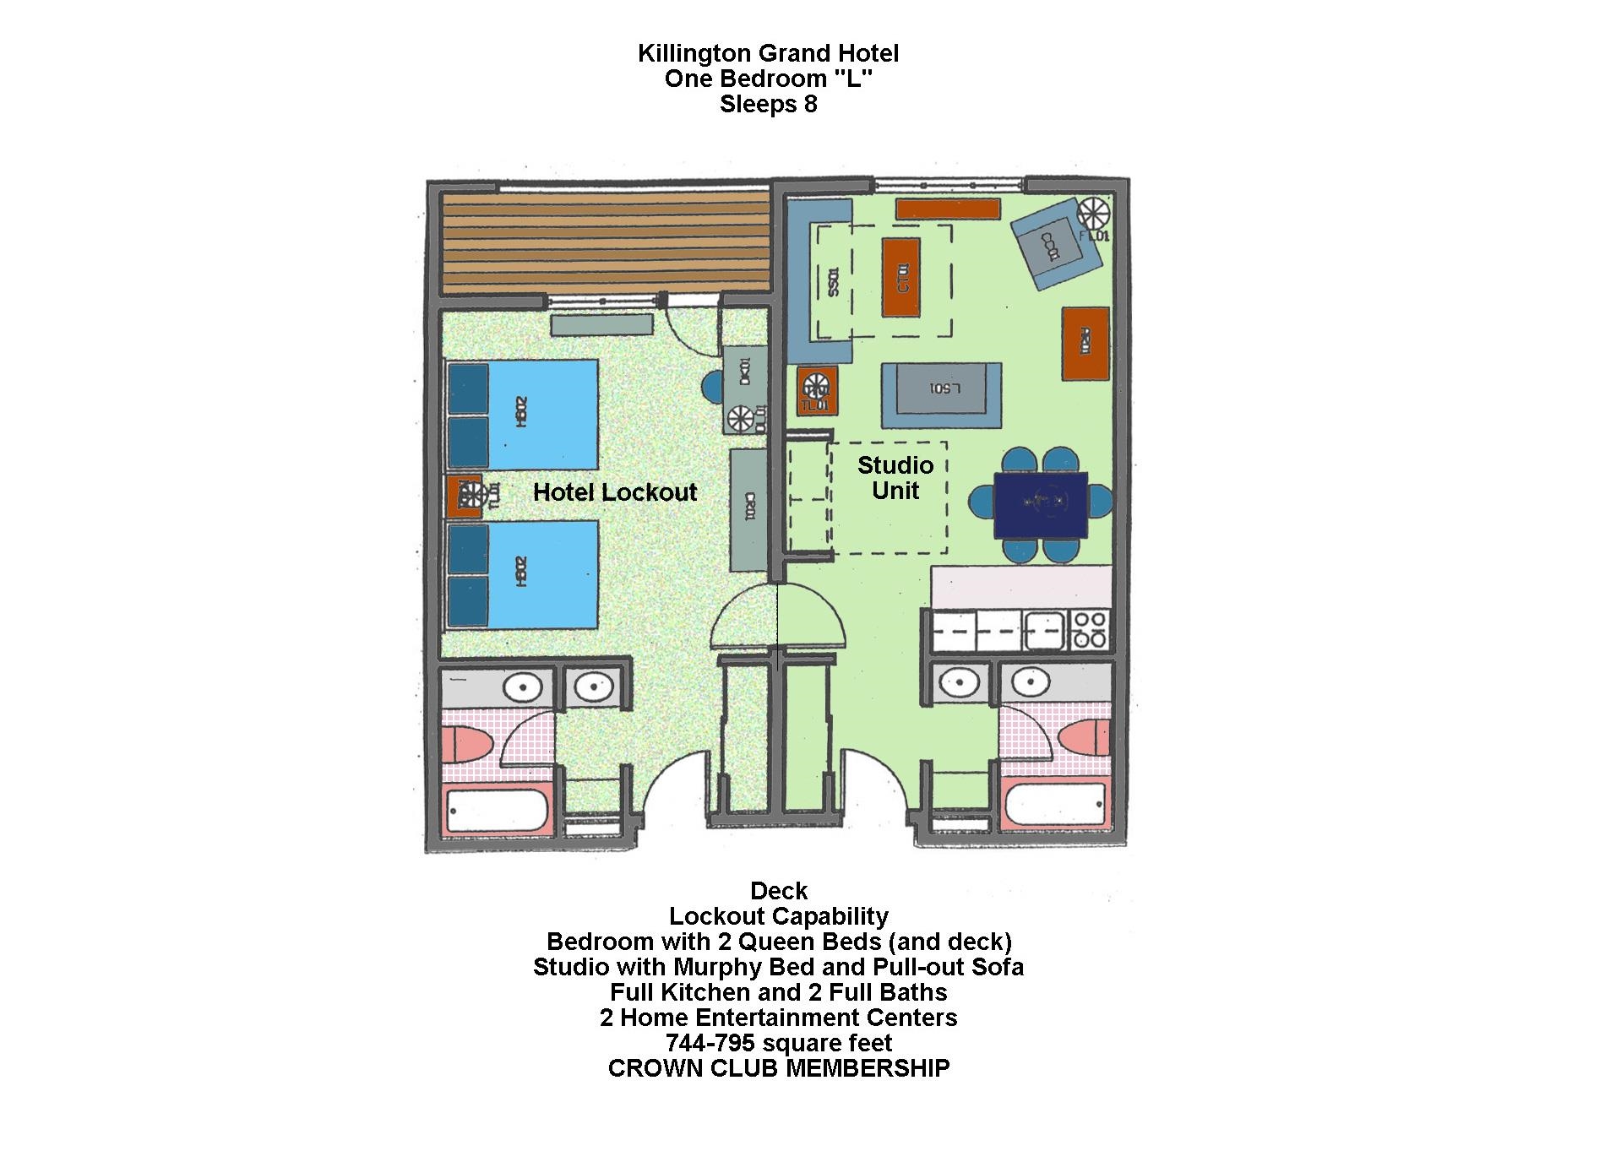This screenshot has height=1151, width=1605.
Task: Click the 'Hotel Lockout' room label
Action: pyautogui.click(x=615, y=492)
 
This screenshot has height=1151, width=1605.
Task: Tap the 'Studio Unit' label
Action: pyautogui.click(x=895, y=478)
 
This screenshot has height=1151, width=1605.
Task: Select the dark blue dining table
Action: pyautogui.click(x=1041, y=506)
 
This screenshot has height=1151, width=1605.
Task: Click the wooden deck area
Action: pyautogui.click(x=604, y=246)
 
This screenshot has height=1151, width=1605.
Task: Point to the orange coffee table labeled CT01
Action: pyautogui.click(x=901, y=277)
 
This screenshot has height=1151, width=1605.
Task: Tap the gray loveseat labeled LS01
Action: pyautogui.click(x=942, y=394)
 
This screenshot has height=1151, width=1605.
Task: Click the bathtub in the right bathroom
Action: pyautogui.click(x=1056, y=806)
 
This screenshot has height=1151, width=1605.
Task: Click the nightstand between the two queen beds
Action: pyautogui.click(x=465, y=497)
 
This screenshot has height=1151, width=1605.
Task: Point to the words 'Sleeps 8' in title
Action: pyautogui.click(x=768, y=105)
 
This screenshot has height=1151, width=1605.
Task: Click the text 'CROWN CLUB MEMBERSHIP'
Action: pyautogui.click(x=779, y=1068)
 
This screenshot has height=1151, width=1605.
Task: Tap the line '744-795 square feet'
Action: pyautogui.click(x=779, y=1043)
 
